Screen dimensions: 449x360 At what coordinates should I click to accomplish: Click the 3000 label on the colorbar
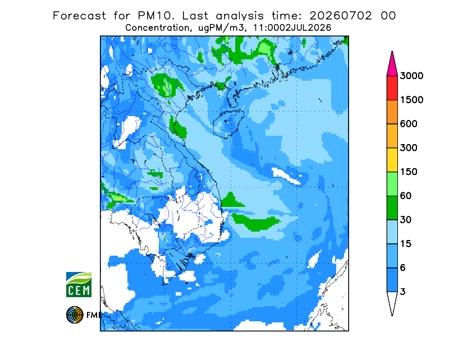tap(411, 76)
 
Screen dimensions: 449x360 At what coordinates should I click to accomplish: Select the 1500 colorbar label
tap(411, 100)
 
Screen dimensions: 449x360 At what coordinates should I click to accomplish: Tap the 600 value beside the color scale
tap(409, 124)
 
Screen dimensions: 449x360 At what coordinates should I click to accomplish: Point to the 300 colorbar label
tap(409, 148)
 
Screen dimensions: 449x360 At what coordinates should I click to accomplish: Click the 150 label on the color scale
tap(409, 172)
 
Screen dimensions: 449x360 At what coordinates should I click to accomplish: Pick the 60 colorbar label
tap(406, 196)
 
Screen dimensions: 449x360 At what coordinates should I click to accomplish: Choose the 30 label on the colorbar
tap(406, 220)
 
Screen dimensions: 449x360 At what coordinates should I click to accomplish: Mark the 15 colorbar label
tap(406, 244)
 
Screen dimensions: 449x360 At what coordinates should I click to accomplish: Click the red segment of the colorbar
tap(392, 88)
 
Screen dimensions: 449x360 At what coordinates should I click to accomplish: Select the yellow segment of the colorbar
tap(392, 160)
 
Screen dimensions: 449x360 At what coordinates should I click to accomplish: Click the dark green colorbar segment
tap(392, 208)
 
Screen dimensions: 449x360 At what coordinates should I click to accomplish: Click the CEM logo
tap(79, 284)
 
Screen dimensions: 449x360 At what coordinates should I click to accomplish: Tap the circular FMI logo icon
tap(75, 315)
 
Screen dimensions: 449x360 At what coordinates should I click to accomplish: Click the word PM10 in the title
tap(155, 16)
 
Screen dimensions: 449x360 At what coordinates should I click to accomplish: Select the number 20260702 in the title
tap(341, 16)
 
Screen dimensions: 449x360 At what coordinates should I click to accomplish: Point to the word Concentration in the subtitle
tap(158, 28)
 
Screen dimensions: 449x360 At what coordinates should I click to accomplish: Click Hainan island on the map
tap(228, 123)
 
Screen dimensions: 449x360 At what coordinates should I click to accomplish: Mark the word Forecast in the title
tap(79, 16)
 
